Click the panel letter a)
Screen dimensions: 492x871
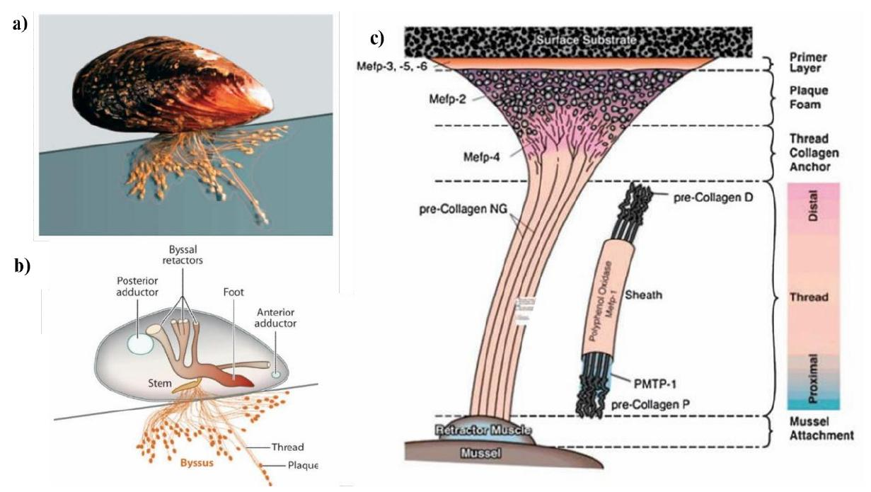pos(21,23)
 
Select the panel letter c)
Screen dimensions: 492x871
pos(376,39)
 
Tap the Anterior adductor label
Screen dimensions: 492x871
pos(296,318)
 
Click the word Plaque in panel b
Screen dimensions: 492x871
pos(304,466)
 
